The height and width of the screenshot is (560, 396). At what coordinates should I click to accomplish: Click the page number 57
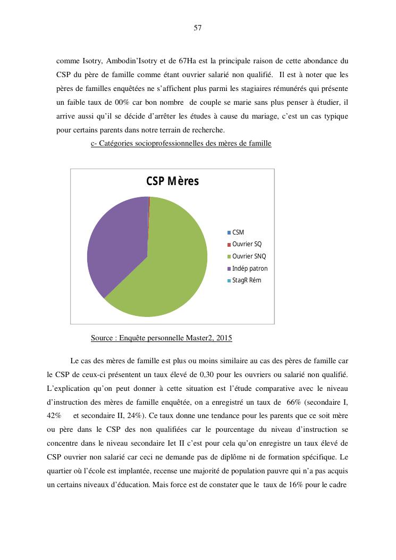198,28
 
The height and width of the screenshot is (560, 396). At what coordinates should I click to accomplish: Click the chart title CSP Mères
172,181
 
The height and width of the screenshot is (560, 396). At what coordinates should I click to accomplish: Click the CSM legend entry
238,232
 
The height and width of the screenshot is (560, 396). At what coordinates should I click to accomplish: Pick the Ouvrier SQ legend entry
247,244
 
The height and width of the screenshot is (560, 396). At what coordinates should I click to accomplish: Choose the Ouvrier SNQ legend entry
249,256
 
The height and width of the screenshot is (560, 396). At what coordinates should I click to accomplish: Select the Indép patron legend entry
250,269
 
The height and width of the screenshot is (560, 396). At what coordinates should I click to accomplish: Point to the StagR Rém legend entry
247,280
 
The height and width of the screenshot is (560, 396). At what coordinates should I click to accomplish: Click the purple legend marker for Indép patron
229,269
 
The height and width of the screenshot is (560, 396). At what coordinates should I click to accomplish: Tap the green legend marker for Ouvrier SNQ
229,256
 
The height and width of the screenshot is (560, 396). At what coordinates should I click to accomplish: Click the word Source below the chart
102,338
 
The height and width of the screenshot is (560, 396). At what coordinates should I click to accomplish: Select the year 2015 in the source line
223,338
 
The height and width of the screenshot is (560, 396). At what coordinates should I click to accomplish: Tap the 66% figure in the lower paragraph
293,402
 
